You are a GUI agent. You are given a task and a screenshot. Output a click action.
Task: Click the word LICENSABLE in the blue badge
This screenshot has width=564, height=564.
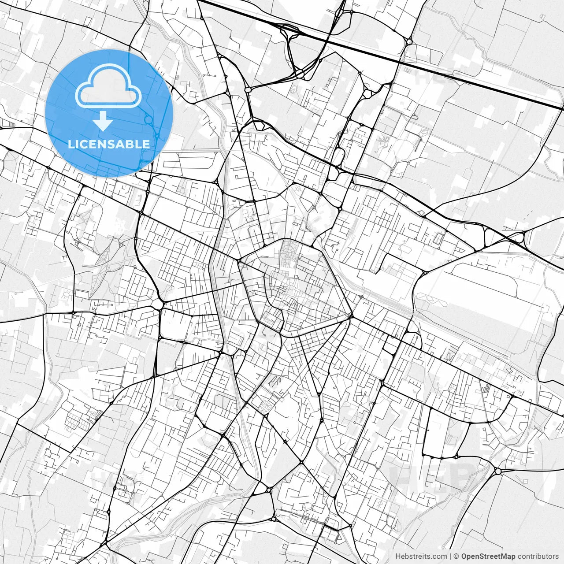(x=108, y=144)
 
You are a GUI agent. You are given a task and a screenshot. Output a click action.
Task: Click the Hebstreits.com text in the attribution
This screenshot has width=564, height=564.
(x=421, y=557)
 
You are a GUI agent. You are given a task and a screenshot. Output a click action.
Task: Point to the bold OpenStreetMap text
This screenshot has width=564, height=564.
(x=488, y=557)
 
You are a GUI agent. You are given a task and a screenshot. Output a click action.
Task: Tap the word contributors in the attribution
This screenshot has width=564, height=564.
(x=538, y=557)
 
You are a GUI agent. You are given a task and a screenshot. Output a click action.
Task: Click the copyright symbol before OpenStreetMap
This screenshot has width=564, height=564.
(x=456, y=557)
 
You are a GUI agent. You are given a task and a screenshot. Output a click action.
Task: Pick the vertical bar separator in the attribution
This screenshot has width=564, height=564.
(x=450, y=557)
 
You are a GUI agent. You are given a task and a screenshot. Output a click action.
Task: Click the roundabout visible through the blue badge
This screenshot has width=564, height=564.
(x=148, y=119)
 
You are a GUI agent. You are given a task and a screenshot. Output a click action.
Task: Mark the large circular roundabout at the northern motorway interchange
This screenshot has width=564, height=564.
(x=300, y=72)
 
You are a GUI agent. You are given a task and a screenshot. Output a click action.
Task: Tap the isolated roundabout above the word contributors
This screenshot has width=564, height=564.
(x=498, y=471)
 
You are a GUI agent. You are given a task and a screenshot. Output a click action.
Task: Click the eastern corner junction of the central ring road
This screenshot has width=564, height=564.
(x=351, y=316)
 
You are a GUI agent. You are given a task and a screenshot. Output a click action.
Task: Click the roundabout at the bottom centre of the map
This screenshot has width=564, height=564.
(x=268, y=490)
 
